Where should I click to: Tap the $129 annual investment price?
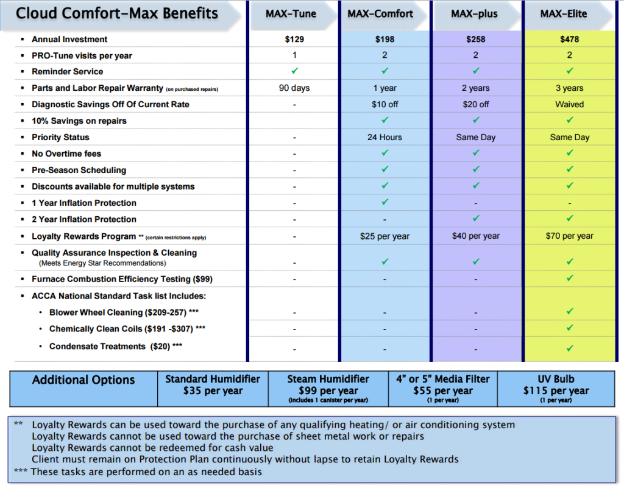pyautogui.click(x=294, y=40)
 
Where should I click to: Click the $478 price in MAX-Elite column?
pyautogui.click(x=569, y=40)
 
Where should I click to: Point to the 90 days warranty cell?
pyautogui.click(x=294, y=88)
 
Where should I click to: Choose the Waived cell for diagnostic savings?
pyautogui.click(x=569, y=105)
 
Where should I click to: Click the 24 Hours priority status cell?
pyautogui.click(x=385, y=138)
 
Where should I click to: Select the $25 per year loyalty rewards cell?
pyautogui.click(x=385, y=236)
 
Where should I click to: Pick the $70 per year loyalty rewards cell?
pyautogui.click(x=569, y=236)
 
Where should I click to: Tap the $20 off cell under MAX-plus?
pyautogui.click(x=475, y=105)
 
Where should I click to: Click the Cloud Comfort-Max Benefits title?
pyautogui.click(x=117, y=14)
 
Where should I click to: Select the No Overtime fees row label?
pyautogui.click(x=66, y=154)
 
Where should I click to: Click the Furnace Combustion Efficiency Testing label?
pyautogui.click(x=122, y=279)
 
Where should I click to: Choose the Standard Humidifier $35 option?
pyautogui.click(x=213, y=385)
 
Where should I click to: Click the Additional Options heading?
pyautogui.click(x=83, y=380)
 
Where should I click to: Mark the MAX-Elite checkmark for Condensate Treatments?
pyautogui.click(x=569, y=348)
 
